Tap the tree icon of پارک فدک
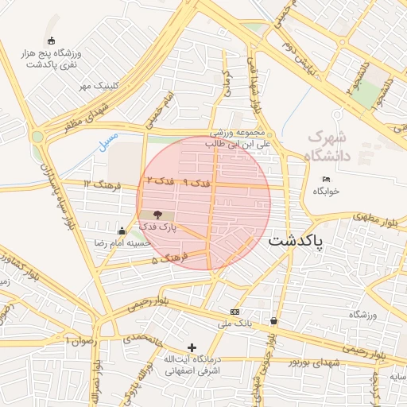coord(156,215)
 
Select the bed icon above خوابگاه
coord(326,179)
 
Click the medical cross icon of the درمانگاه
coord(192,347)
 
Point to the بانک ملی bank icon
coord(235,312)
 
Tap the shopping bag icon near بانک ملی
coord(274,321)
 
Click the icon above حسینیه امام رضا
coord(121,231)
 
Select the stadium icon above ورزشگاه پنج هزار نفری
coord(52,41)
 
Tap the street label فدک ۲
coord(160,183)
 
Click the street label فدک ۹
coord(197,184)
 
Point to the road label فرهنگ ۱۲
coord(99,185)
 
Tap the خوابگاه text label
coord(326,192)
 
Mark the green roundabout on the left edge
coord(37,137)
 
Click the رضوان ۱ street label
coord(80,340)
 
